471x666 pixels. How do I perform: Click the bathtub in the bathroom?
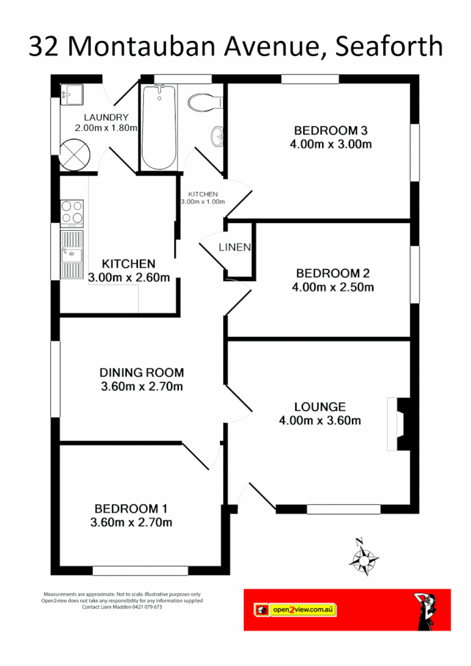(x=159, y=127)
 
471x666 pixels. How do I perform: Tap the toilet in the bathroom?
(x=204, y=102)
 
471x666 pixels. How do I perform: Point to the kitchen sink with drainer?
(x=72, y=254)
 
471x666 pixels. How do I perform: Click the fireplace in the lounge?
(x=398, y=423)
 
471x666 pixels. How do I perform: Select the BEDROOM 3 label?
(x=331, y=129)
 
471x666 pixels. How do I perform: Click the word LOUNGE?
(x=319, y=406)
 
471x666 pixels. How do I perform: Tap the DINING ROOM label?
(x=142, y=373)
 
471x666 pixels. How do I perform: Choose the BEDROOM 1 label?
(x=135, y=508)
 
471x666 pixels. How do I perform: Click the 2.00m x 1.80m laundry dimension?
(x=111, y=128)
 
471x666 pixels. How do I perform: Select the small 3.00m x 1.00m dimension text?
(x=202, y=202)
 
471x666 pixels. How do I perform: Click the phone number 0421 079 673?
(x=146, y=607)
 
